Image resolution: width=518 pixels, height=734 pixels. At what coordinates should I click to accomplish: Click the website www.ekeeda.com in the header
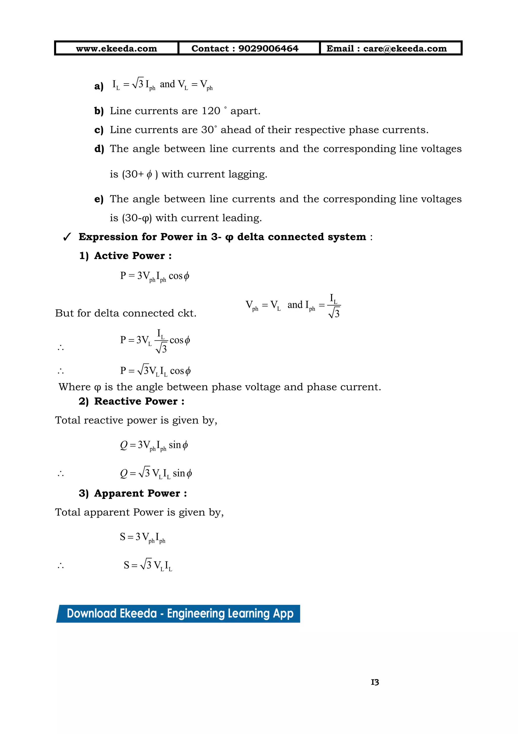point(116,49)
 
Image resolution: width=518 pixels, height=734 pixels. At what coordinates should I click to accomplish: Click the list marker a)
point(99,86)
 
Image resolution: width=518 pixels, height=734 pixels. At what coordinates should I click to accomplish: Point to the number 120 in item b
point(211,111)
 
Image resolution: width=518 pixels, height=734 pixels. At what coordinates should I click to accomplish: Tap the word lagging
point(248,174)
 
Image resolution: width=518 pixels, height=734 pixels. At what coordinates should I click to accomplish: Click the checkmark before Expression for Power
point(67,237)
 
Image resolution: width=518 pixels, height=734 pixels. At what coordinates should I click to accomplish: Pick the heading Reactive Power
point(139,401)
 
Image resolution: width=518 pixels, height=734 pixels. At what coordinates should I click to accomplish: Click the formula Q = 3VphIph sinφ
point(154,445)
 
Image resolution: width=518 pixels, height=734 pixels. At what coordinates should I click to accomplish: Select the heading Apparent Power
point(140,493)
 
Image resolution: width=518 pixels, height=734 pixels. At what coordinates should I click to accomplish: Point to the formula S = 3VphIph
point(142,537)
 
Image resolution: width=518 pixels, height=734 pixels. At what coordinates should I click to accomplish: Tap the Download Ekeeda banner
point(178,614)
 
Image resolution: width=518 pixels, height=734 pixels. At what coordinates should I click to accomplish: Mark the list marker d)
point(99,149)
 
